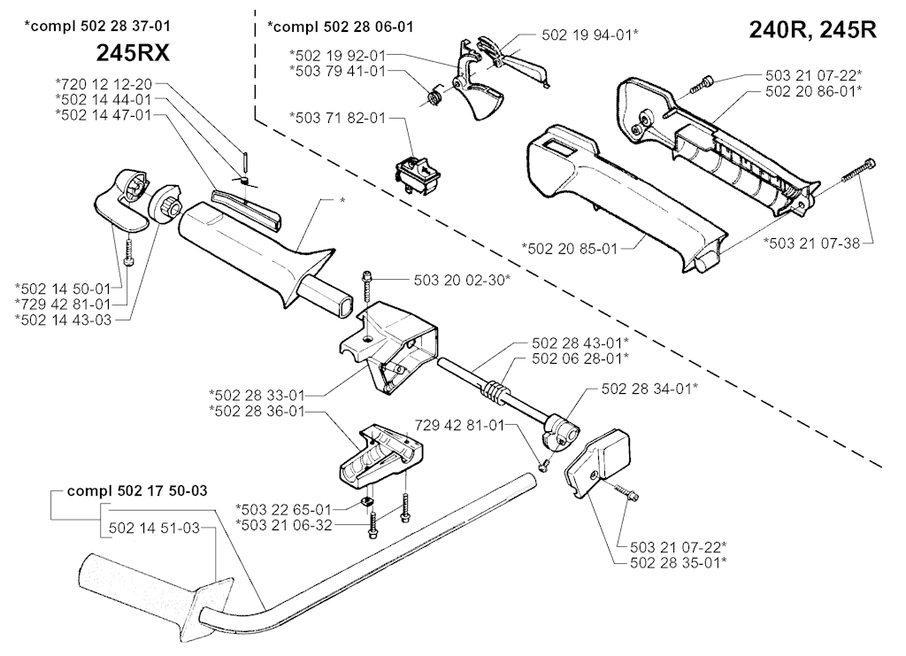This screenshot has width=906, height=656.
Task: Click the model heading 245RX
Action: pyautogui.click(x=133, y=54)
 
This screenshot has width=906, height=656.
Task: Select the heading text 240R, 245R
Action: pyautogui.click(x=812, y=29)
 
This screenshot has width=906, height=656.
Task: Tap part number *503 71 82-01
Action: pyautogui.click(x=337, y=118)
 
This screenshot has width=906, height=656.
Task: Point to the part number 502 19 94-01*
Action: pyautogui.click(x=590, y=35)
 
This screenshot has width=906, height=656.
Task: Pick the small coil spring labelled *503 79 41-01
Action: pyautogui.click(x=434, y=96)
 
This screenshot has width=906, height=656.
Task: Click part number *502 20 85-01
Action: pyautogui.click(x=570, y=249)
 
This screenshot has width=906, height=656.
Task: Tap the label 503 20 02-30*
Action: pyautogui.click(x=462, y=281)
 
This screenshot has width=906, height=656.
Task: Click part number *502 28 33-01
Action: pyautogui.click(x=257, y=396)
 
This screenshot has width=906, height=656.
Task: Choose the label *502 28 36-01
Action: pyautogui.click(x=257, y=412)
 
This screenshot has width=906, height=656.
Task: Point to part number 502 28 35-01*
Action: pyautogui.click(x=679, y=562)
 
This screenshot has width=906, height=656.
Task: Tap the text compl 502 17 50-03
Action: pyautogui.click(x=137, y=491)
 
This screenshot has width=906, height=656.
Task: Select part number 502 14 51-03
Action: pyautogui.click(x=154, y=528)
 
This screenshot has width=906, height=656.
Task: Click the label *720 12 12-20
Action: pyautogui.click(x=104, y=84)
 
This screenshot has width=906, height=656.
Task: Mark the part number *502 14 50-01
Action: pyautogui.click(x=63, y=288)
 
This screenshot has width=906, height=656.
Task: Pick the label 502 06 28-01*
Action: pyautogui.click(x=580, y=359)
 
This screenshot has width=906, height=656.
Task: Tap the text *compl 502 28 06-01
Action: pyautogui.click(x=341, y=27)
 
